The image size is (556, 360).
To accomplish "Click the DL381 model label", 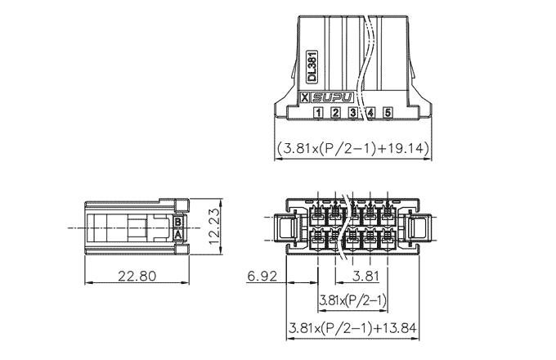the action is click(312, 67).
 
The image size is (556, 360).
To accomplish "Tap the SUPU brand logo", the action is click(334, 97).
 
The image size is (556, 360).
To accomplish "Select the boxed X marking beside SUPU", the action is click(305, 97).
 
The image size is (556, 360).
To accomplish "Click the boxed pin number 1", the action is click(318, 113).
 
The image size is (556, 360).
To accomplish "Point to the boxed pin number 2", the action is click(335, 113).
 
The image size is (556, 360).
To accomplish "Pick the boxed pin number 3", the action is click(353, 113).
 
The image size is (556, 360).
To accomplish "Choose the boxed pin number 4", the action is click(370, 113).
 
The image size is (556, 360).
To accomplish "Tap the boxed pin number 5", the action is click(388, 113).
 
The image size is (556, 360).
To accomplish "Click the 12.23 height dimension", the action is click(214, 227).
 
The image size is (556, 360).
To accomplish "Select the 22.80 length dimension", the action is click(137, 276).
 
